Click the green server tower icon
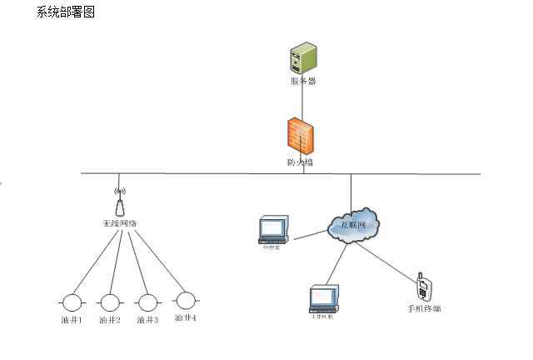point(302,59)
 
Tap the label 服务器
point(302,82)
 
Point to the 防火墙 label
point(300,162)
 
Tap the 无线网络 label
point(119,223)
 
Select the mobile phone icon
point(423,287)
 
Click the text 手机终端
point(424,309)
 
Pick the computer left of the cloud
point(272,229)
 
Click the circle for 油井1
point(72,302)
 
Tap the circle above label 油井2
point(110,302)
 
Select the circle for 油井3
point(147,302)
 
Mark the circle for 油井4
point(186,299)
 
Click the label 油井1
point(72,320)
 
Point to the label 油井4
point(186,318)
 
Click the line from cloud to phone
point(391,257)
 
